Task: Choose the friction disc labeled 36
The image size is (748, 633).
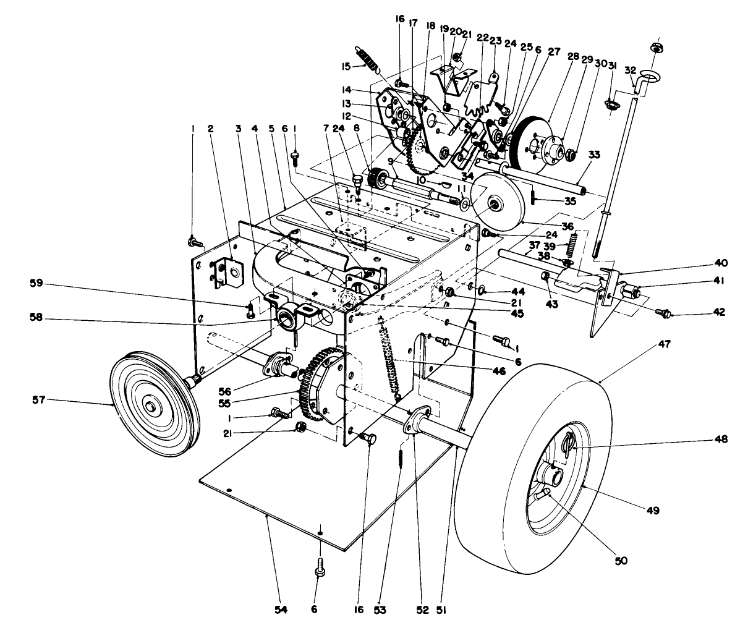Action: (498, 202)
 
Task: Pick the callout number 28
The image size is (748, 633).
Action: (573, 57)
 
